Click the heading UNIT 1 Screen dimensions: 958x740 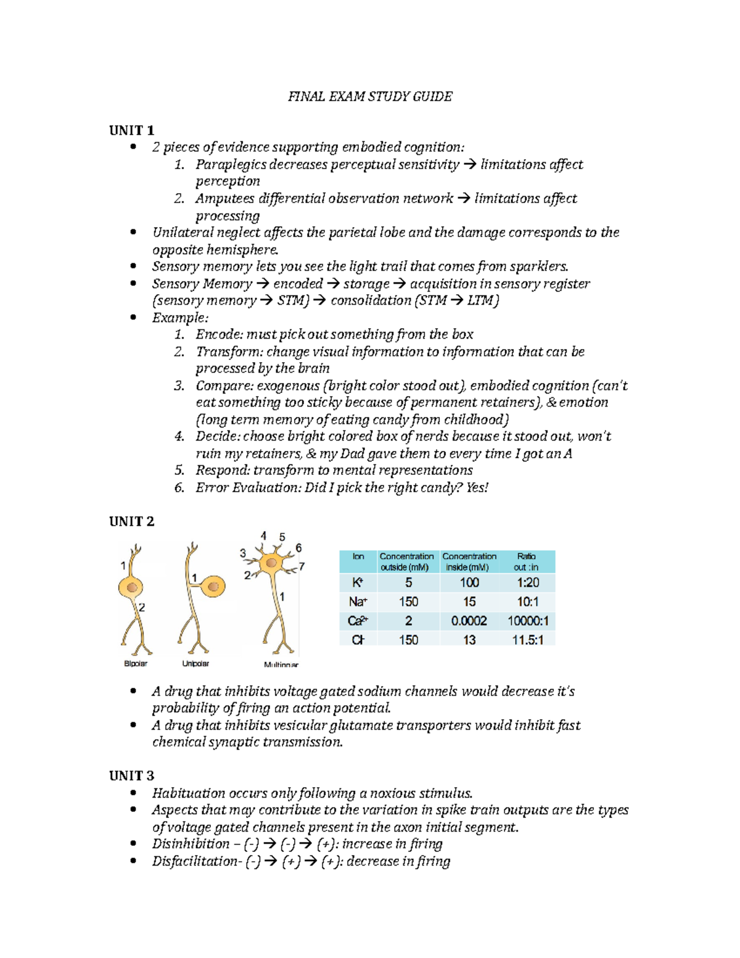click(x=131, y=130)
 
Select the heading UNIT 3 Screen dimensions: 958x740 click(x=131, y=775)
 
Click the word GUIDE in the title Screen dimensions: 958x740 click(x=432, y=96)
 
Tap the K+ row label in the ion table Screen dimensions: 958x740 click(x=358, y=583)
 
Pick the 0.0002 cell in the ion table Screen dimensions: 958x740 click(x=469, y=621)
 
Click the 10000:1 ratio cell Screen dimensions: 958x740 click(x=528, y=621)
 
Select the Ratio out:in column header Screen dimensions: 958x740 click(x=527, y=561)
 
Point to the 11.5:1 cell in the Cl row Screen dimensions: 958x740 click(x=528, y=640)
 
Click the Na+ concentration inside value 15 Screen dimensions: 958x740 click(x=469, y=601)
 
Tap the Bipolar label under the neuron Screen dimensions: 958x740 click(x=136, y=664)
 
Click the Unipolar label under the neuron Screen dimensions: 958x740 click(x=195, y=664)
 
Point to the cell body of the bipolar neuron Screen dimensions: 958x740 click(x=131, y=587)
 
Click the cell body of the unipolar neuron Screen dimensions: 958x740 click(x=213, y=586)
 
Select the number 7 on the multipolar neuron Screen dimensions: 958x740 click(x=302, y=566)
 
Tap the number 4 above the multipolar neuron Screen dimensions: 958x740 click(x=263, y=536)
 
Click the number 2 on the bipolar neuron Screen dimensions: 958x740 click(x=142, y=608)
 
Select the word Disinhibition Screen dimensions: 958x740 click(x=191, y=844)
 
